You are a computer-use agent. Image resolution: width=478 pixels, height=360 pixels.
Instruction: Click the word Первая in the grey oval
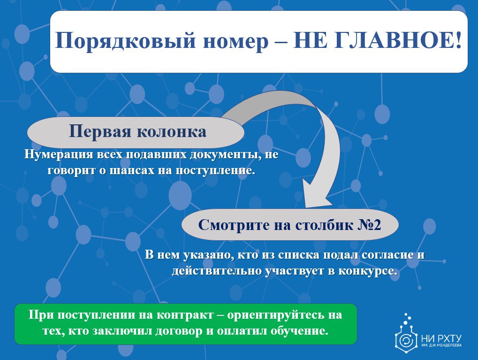pyautogui.click(x=100, y=132)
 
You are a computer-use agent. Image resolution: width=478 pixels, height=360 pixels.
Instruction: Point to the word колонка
pyautogui.click(x=172, y=132)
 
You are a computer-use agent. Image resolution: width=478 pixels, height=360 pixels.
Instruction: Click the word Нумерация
pyautogui.click(x=59, y=154)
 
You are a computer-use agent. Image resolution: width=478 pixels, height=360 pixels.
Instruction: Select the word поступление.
pyautogui.click(x=216, y=170)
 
